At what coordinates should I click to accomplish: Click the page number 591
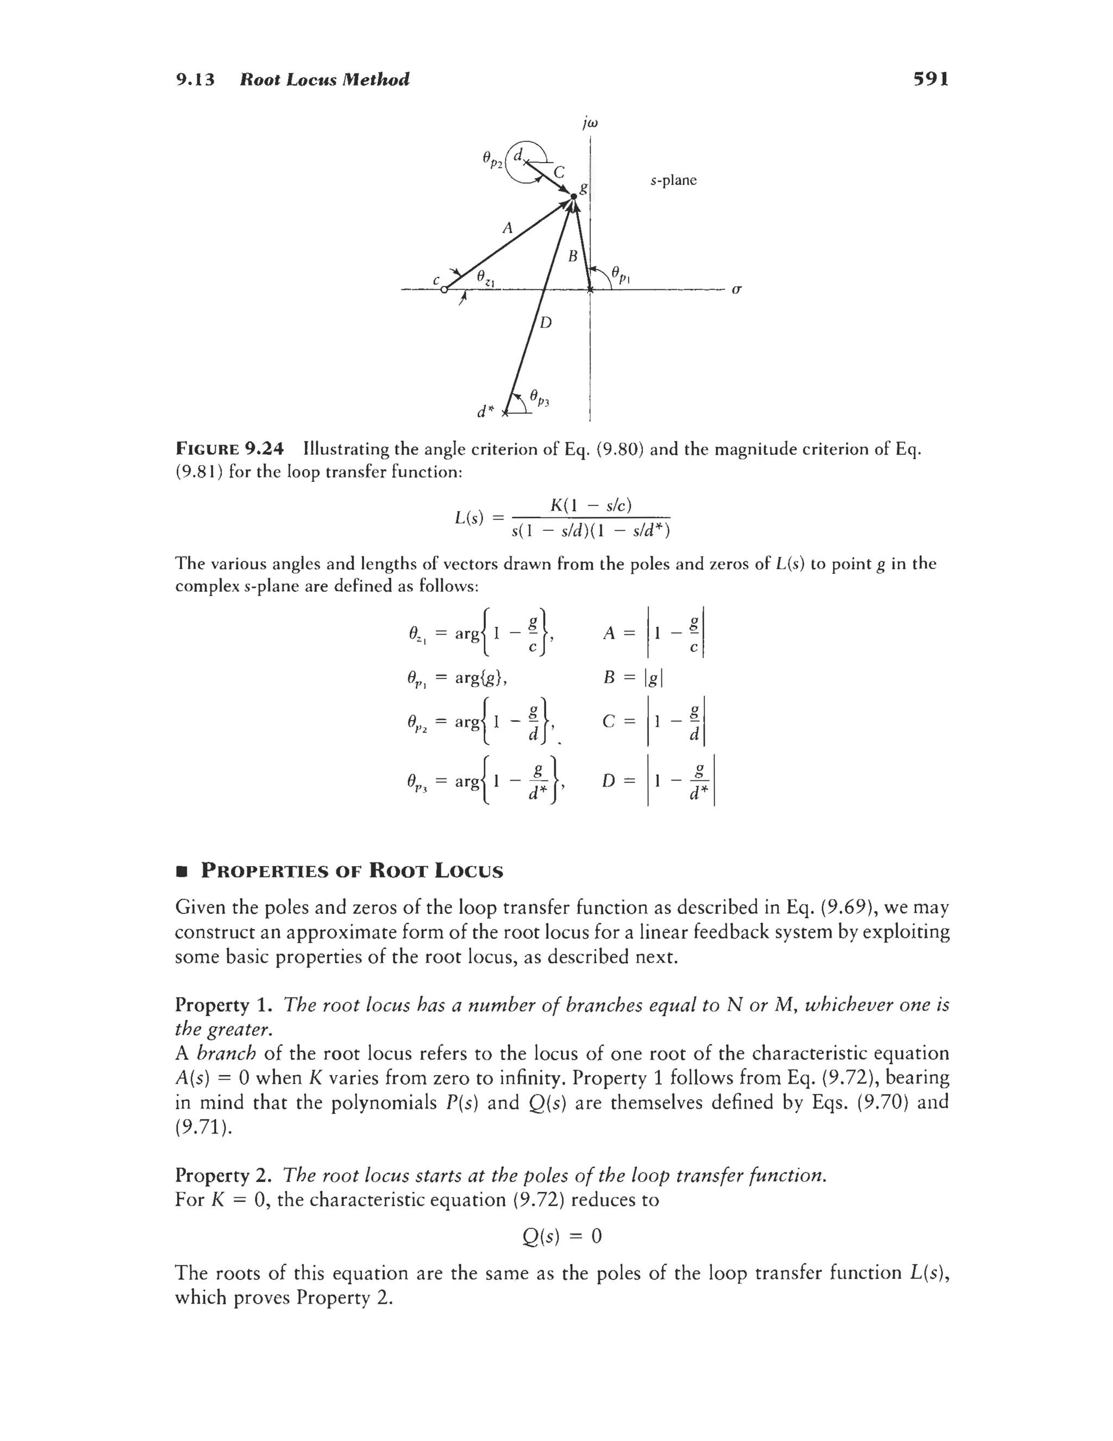(930, 80)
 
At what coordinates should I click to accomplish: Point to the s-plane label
(673, 180)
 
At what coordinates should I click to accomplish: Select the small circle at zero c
(445, 289)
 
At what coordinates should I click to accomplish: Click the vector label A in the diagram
(507, 228)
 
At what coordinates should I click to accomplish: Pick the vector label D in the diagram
(546, 323)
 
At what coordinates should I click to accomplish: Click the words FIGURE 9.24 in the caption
(229, 449)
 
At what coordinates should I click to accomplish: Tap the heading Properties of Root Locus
(352, 871)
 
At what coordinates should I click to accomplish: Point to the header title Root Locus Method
(324, 80)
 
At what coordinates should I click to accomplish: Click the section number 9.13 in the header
(195, 80)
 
